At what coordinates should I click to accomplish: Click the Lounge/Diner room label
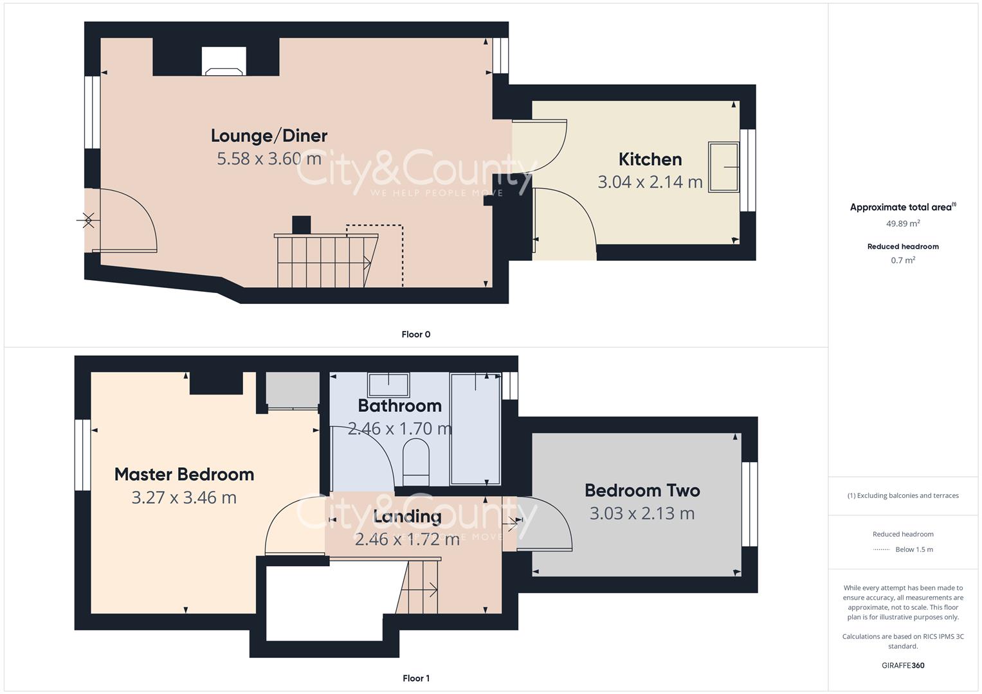269,136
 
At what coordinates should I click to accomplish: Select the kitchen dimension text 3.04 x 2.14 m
650,182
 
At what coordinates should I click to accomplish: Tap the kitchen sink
723,167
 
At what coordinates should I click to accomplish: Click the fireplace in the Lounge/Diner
224,61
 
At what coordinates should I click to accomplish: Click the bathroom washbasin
388,385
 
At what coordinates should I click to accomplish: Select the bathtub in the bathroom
475,429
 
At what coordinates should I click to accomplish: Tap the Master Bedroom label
184,474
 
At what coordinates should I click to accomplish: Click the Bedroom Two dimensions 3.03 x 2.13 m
642,513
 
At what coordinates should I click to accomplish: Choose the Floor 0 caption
416,334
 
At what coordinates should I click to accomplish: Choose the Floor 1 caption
416,678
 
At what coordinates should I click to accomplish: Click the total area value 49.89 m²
903,224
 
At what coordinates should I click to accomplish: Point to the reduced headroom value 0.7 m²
903,260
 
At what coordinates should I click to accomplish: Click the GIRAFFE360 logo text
903,665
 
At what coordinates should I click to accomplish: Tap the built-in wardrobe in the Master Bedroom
293,389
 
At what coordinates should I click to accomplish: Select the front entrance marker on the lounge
88,221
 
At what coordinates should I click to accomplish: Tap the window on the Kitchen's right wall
747,170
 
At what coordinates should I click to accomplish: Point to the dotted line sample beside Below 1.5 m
881,549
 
